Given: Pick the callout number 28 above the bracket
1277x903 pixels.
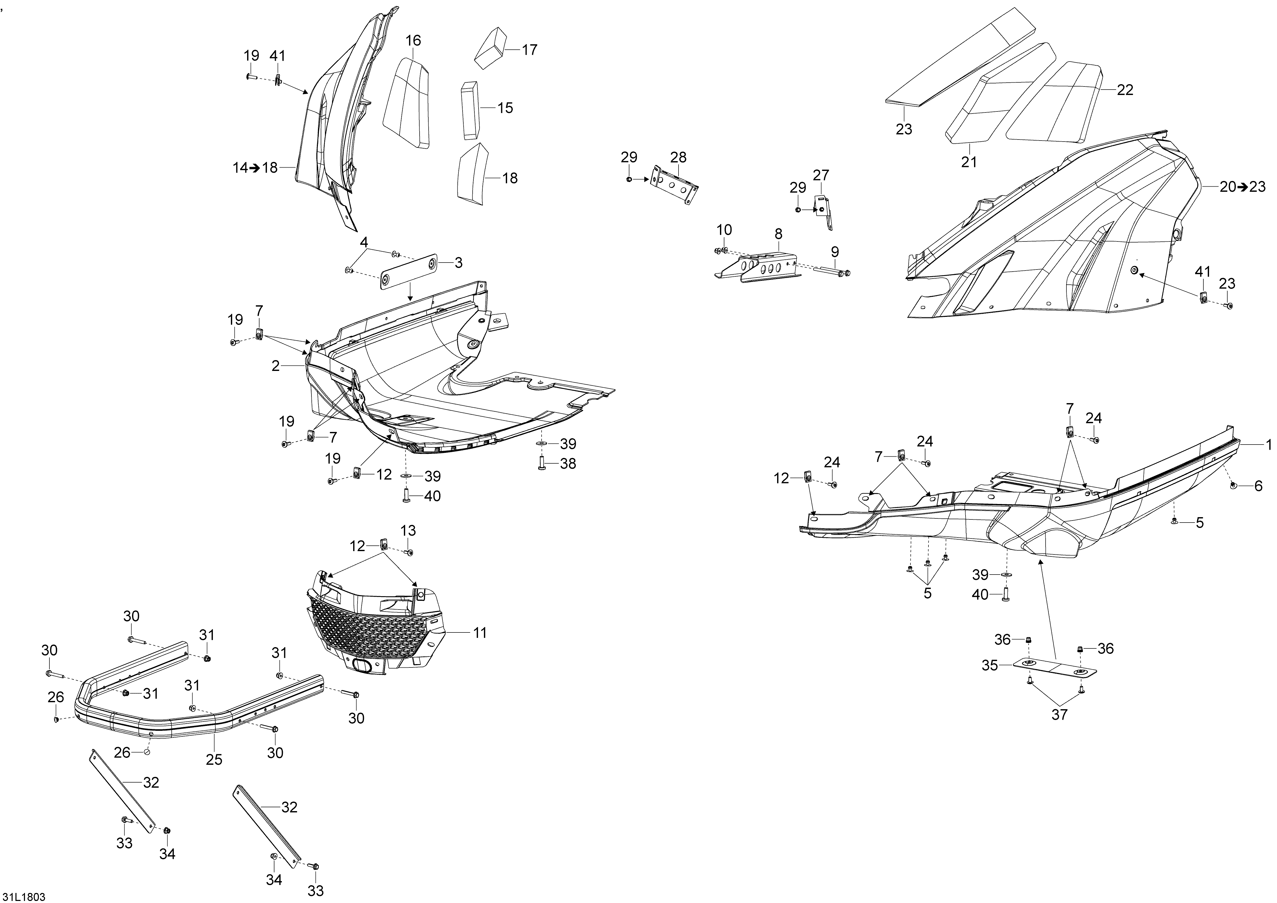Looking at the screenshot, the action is click(679, 157).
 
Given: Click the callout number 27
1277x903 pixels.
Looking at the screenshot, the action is click(821, 175).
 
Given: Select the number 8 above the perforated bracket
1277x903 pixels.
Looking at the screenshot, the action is click(778, 234).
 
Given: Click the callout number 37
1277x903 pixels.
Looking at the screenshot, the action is click(1059, 715).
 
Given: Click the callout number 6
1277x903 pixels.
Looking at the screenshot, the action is click(1258, 486).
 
